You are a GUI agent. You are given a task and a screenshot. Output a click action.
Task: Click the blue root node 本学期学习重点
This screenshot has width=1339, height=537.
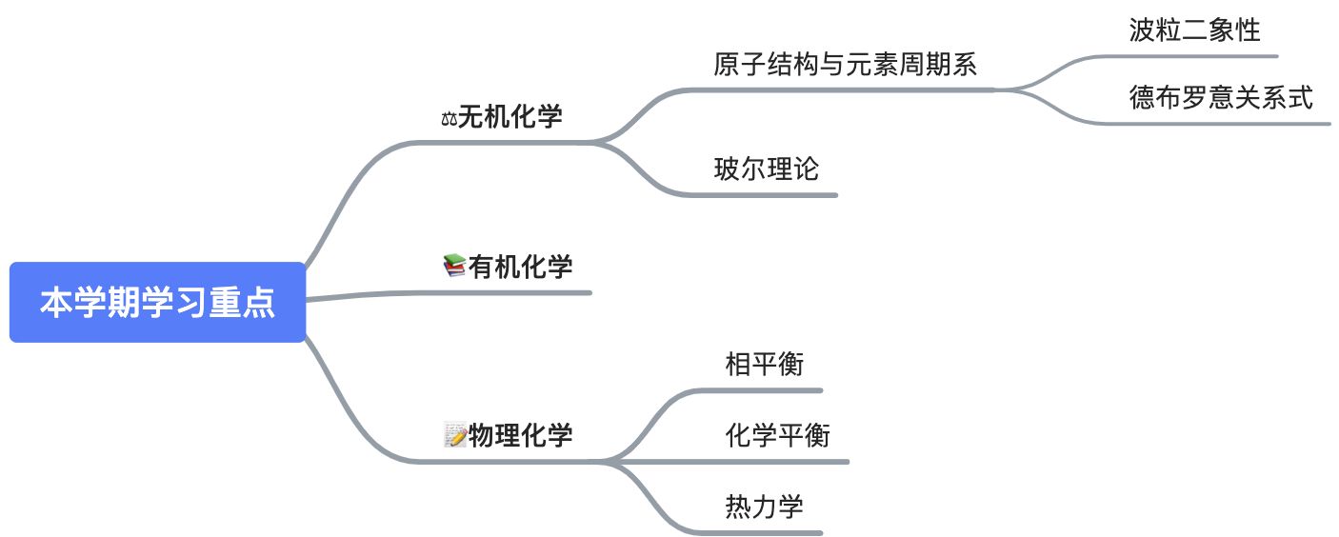tap(157, 303)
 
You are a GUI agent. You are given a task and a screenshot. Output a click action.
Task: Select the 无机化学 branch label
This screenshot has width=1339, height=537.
tap(510, 117)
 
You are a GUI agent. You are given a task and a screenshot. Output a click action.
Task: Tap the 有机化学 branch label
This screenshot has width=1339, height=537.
tap(520, 267)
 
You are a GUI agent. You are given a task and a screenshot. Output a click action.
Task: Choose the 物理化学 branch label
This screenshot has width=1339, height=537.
tap(520, 435)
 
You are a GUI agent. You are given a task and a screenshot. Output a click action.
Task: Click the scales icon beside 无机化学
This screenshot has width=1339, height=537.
tap(449, 119)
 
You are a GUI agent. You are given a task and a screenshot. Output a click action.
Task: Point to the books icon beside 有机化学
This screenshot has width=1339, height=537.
tap(454, 267)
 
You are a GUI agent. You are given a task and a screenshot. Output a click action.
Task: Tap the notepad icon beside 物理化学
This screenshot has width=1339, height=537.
tap(455, 436)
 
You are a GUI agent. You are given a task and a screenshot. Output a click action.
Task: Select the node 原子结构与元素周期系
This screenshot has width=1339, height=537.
tap(846, 65)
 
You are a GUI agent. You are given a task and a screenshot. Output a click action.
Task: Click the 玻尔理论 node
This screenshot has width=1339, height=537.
tap(767, 169)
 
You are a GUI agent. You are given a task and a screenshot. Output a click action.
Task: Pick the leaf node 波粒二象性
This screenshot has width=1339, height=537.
tap(1194, 30)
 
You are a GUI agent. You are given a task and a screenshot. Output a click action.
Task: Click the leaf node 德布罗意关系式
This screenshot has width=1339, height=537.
tap(1221, 97)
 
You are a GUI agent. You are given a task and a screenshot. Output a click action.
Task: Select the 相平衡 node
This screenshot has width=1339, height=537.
tap(764, 364)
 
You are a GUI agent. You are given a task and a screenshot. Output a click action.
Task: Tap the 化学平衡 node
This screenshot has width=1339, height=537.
tap(777, 435)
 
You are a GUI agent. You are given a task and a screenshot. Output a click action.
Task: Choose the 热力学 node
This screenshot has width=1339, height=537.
tap(764, 506)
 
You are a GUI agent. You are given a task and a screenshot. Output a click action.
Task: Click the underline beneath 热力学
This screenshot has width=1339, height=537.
tap(762, 532)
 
